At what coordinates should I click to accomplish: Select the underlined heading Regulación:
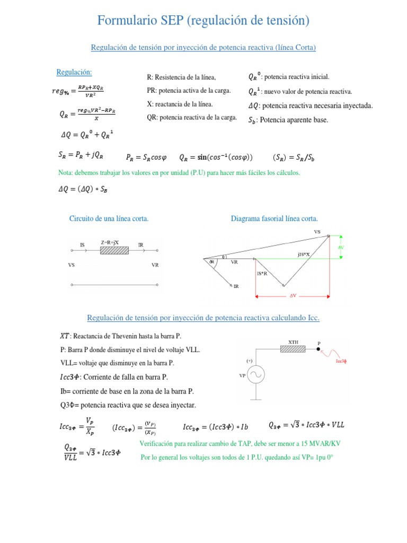tap(74, 72)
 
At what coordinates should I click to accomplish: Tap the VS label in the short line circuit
tap(71, 265)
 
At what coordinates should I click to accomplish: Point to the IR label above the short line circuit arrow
tap(140, 244)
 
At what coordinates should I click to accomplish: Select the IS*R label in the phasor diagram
tap(262, 273)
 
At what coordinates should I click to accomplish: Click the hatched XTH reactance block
tap(293, 349)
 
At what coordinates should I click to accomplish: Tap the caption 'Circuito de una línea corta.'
tap(109, 218)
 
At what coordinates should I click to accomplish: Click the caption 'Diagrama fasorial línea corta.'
tap(275, 218)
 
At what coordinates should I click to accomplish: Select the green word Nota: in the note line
tap(66, 172)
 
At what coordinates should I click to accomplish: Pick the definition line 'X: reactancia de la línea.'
tap(180, 104)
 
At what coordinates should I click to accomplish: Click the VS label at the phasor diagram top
tap(317, 232)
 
